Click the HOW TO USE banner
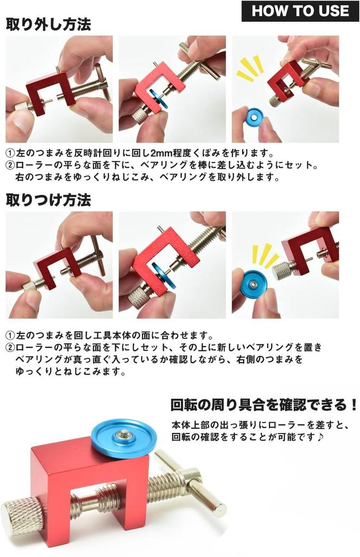coord(300,11)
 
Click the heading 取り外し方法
coord(48,24)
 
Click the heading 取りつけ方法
coord(48,200)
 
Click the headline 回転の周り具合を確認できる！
coord(264,405)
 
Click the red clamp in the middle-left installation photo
coord(54,267)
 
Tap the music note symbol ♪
coord(322,437)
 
